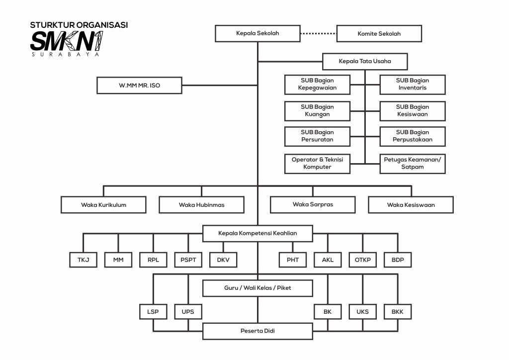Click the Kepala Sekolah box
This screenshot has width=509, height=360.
tap(257, 34)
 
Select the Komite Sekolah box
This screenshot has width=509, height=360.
tap(379, 34)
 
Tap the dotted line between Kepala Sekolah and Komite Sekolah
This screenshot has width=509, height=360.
tap(318, 34)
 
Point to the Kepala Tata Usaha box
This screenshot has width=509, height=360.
tap(365, 62)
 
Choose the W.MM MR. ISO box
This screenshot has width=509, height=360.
tap(140, 86)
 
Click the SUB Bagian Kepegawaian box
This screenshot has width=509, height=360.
tap(317, 85)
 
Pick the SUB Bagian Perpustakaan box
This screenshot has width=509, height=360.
tap(413, 136)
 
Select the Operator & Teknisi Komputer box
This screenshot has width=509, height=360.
tap(317, 164)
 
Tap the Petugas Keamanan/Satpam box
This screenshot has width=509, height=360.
tap(413, 164)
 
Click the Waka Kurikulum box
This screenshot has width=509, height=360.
tap(103, 205)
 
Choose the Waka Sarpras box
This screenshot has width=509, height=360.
tap(313, 204)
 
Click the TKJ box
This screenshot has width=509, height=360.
tap(83, 260)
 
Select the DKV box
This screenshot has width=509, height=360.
tap(223, 260)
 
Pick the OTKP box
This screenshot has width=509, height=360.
tap(363, 260)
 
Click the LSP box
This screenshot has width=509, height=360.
tap(153, 312)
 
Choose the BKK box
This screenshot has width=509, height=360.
tap(398, 312)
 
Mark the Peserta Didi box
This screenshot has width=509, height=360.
tap(257, 331)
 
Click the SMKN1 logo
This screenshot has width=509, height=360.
tap(67, 41)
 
